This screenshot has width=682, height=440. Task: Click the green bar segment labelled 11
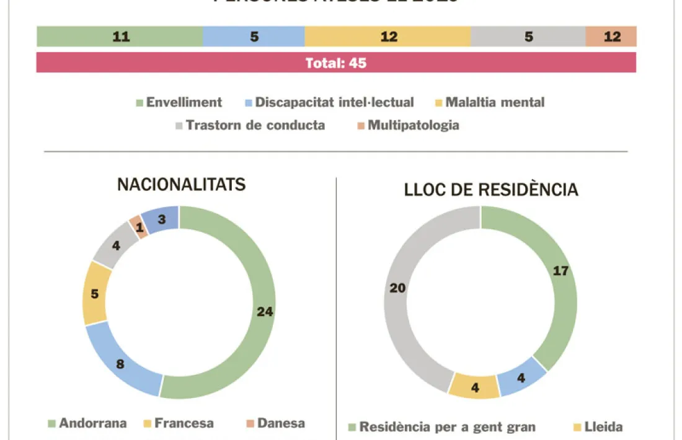pyautogui.click(x=120, y=37)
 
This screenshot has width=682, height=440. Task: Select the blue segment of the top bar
pyautogui.click(x=254, y=37)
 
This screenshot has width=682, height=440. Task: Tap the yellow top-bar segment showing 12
pyautogui.click(x=388, y=37)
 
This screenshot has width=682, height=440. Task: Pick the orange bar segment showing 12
pyautogui.click(x=611, y=37)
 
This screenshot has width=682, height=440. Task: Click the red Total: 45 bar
pyautogui.click(x=336, y=63)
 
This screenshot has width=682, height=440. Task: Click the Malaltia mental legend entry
pyautogui.click(x=489, y=102)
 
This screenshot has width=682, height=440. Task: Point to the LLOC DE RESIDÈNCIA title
pyautogui.click(x=491, y=190)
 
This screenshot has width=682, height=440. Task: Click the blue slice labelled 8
pyautogui.click(x=120, y=364)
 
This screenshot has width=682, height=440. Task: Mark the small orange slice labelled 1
pyautogui.click(x=139, y=227)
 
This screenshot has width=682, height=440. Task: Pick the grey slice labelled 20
pyautogui.click(x=397, y=288)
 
